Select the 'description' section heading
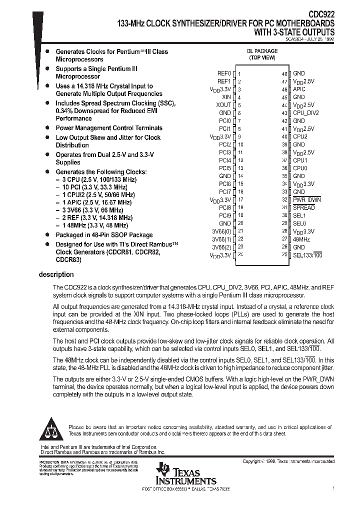coord(56,274)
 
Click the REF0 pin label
coord(224,73)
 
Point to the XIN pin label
coord(226,97)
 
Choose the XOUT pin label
coord(223,105)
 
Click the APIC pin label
coord(299,89)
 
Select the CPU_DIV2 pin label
coord(305,113)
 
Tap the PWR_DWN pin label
coord(306,200)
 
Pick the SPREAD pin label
coord(303,207)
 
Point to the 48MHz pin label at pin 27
coord(301,239)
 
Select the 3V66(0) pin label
coord(221,231)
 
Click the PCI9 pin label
coord(225,215)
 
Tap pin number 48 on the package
coord(284,73)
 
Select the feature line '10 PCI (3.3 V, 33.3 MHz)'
coord(95,186)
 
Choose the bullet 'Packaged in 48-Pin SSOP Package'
coord(104,235)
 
